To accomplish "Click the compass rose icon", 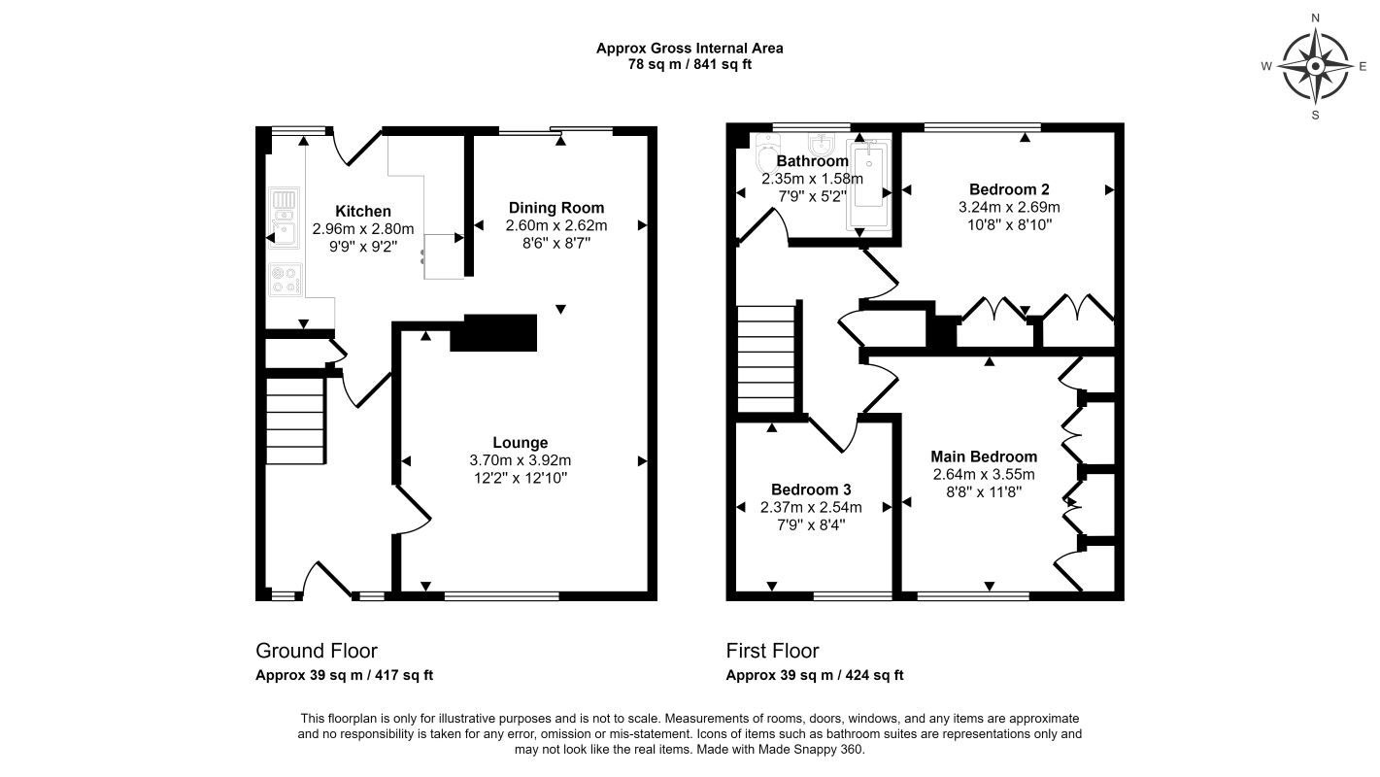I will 1315,67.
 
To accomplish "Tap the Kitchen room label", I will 363,212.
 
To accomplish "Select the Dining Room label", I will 556,208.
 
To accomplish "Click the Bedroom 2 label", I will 1009,189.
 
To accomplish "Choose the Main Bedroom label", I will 983,456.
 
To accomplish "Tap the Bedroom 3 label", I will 811,490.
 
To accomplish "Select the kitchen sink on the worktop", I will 284,220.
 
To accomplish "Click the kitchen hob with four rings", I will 284,280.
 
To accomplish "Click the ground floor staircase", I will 294,422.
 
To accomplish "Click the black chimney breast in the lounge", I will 500,332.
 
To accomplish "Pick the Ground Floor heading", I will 317,651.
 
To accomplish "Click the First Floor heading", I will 772,651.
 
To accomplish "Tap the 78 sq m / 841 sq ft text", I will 690,65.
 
